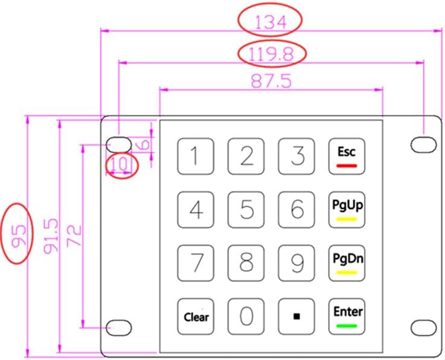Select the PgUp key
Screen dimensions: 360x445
click(x=348, y=210)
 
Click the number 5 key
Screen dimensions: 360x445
click(x=246, y=210)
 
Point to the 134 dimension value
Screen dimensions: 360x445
click(x=270, y=22)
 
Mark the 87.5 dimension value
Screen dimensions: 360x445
click(x=271, y=81)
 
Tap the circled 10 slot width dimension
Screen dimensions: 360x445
click(x=120, y=164)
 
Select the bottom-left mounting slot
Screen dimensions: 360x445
click(x=119, y=327)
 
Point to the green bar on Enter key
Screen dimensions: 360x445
click(x=348, y=326)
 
